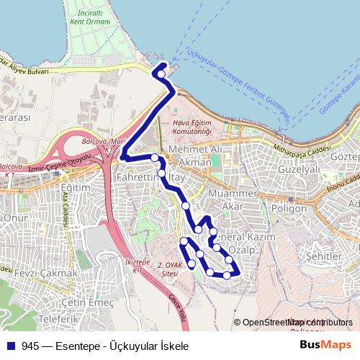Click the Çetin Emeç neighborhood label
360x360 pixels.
tap(87, 302)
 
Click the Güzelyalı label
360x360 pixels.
tap(299, 170)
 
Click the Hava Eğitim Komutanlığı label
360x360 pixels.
tap(192, 127)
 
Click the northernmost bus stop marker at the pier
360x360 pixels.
tap(161, 73)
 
